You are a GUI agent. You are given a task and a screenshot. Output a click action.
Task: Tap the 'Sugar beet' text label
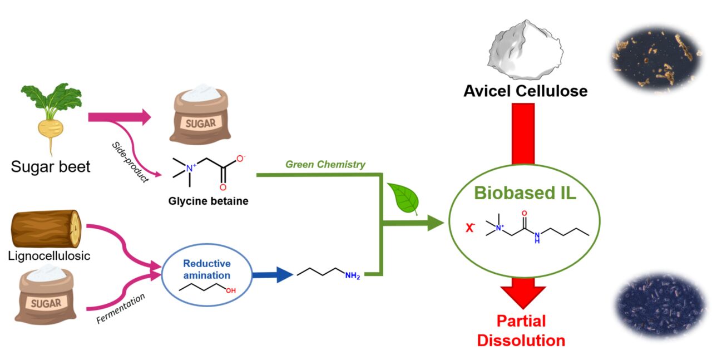(x=50, y=166)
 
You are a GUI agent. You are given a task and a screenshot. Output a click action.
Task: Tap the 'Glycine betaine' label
(x=209, y=201)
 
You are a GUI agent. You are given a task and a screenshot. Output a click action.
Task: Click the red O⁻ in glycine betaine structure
(x=240, y=159)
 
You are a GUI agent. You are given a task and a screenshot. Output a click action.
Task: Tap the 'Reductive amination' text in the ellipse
(x=206, y=269)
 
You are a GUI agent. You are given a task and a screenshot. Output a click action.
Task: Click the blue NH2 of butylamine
(x=352, y=275)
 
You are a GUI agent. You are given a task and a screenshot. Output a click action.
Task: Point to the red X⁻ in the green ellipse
(x=470, y=227)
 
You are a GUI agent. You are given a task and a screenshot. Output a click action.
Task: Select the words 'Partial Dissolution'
(x=521, y=331)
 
